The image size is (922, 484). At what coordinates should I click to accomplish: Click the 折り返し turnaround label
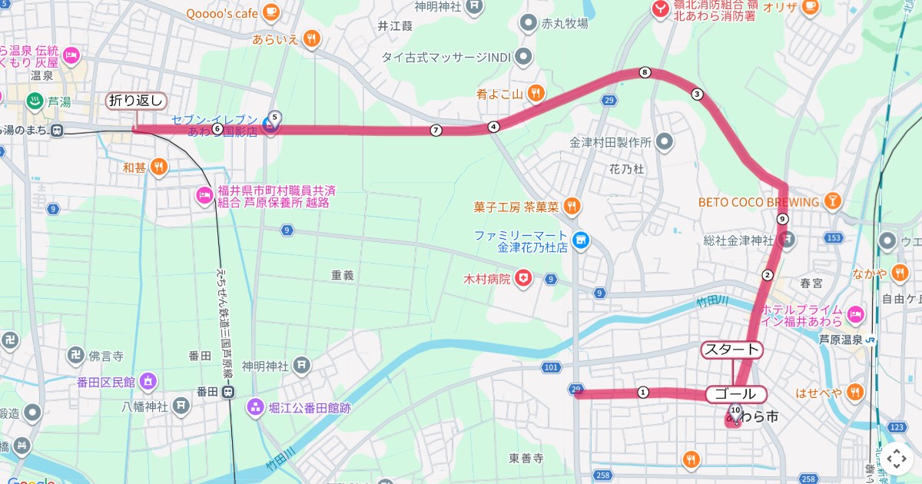pyautogui.click(x=136, y=101)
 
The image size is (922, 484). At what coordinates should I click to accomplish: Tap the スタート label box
pyautogui.click(x=731, y=350)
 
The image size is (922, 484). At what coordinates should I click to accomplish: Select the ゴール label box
pyautogui.click(x=735, y=395)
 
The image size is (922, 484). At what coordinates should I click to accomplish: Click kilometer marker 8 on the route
pyautogui.click(x=645, y=73)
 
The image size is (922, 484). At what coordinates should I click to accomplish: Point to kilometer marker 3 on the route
pyautogui.click(x=697, y=94)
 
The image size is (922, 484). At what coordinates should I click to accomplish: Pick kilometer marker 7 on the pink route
pyautogui.click(x=436, y=130)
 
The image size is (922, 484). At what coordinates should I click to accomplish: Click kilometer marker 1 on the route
pyautogui.click(x=643, y=393)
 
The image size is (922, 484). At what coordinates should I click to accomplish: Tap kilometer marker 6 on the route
pyautogui.click(x=217, y=129)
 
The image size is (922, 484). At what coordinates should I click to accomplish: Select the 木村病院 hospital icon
pyautogui.click(x=523, y=278)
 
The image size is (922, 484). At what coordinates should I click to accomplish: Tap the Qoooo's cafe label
pyautogui.click(x=222, y=13)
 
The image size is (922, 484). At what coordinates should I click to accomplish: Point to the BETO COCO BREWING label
pyautogui.click(x=758, y=202)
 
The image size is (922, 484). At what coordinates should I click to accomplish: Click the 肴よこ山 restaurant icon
pyautogui.click(x=536, y=94)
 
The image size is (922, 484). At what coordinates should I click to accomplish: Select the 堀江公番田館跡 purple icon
pyautogui.click(x=254, y=407)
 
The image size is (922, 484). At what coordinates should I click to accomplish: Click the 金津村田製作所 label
pyautogui.click(x=610, y=142)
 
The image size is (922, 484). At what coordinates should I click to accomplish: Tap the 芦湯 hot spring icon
pyautogui.click(x=35, y=101)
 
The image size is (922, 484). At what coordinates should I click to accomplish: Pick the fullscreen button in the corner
pyautogui.click(x=897, y=459)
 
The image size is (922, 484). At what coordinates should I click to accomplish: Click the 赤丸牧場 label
pyautogui.click(x=565, y=23)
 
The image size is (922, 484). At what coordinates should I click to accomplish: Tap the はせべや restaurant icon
pyautogui.click(x=854, y=393)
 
